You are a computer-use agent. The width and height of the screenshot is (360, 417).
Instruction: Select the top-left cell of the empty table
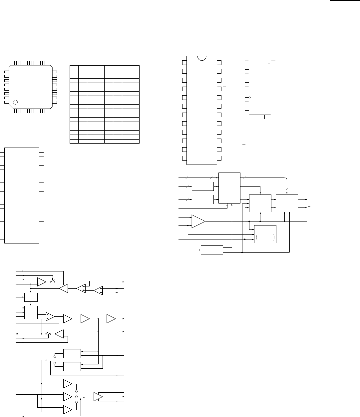74,70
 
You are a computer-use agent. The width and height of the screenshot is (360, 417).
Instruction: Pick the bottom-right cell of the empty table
131,141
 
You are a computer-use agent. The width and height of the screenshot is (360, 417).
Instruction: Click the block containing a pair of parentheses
265,234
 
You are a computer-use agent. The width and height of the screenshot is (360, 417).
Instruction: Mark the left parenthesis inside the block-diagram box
257,237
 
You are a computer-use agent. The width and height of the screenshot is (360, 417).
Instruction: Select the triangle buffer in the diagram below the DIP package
198,221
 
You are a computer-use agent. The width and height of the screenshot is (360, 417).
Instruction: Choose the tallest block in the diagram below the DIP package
229,188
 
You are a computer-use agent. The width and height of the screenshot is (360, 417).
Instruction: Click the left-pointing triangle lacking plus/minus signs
63,289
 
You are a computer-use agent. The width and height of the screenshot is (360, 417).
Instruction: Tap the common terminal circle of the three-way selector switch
84,397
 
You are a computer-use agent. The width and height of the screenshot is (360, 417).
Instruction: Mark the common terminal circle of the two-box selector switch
46,360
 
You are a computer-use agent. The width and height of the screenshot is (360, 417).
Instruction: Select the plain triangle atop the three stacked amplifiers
68,384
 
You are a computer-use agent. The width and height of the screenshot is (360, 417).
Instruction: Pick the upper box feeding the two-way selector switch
72,353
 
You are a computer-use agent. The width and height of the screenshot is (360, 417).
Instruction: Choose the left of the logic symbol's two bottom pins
256,117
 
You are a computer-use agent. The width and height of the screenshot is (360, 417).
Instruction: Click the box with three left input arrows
31,312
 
